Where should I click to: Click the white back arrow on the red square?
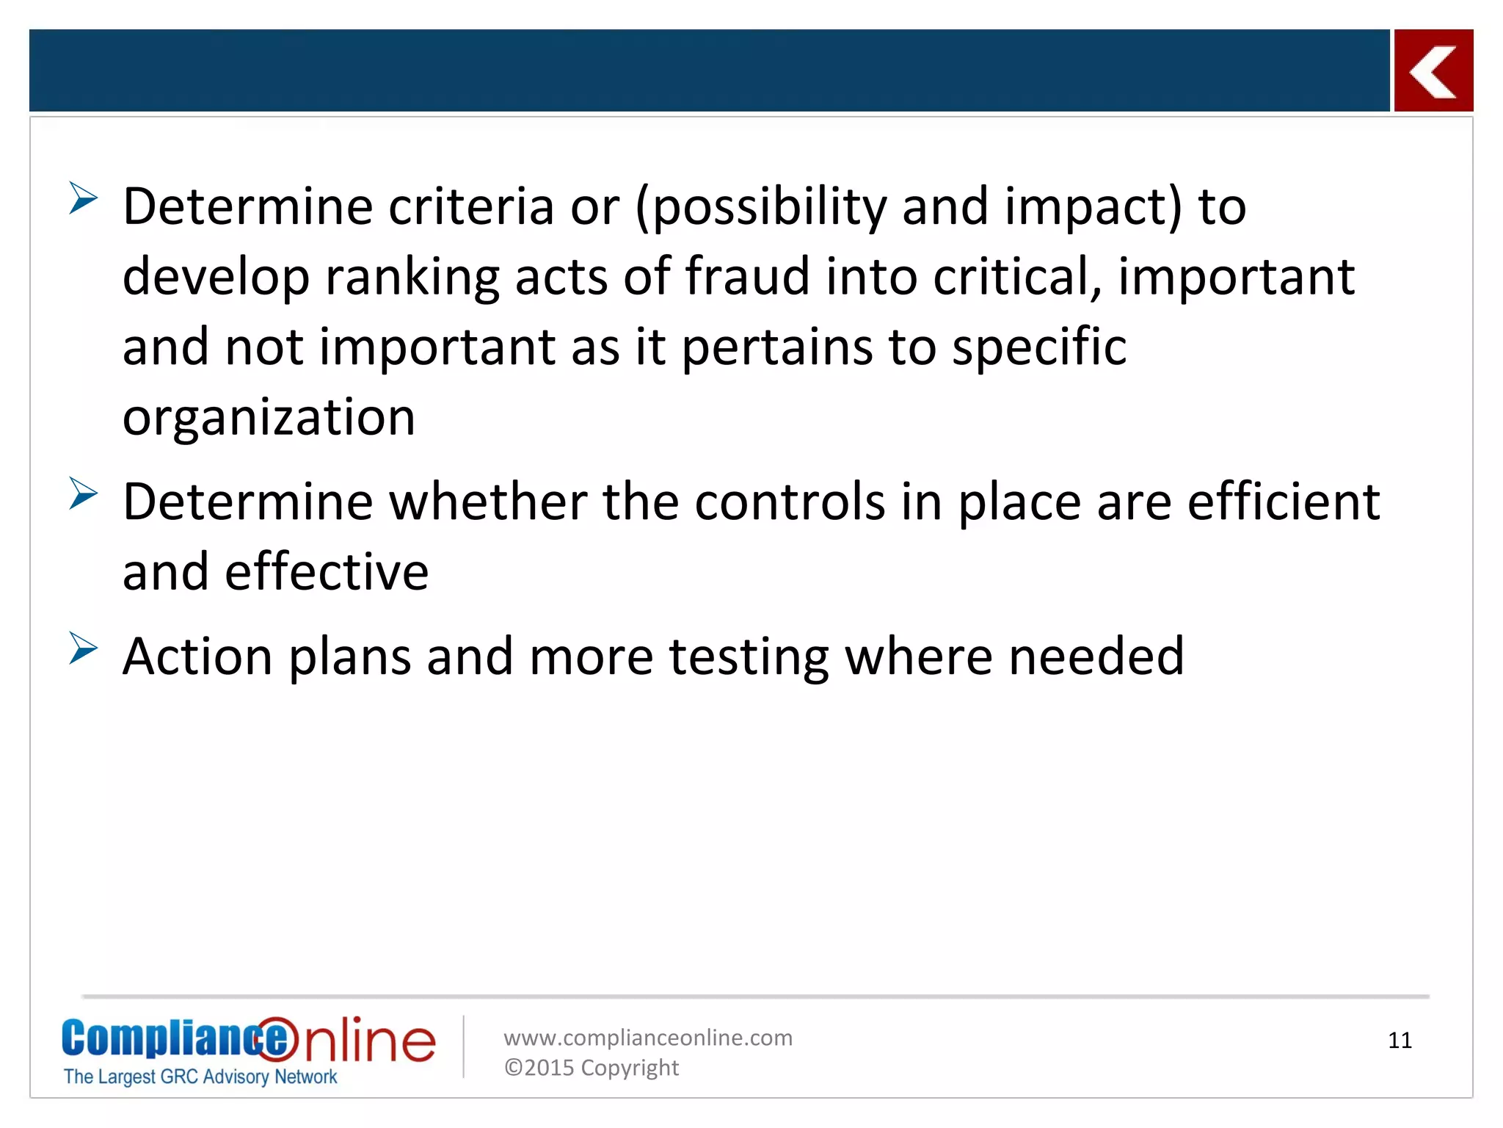point(1433,71)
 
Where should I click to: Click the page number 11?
point(1400,1041)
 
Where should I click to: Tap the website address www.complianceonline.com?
point(648,1038)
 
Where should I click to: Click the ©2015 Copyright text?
point(592,1068)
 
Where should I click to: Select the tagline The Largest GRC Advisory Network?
point(200,1077)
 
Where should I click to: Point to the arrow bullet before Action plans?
point(84,648)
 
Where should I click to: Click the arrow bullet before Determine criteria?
point(84,198)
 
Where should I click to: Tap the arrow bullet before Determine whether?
point(84,493)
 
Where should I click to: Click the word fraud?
point(746,277)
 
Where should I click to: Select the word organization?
point(269,418)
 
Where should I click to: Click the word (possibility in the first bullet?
point(761,208)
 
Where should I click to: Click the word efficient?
point(1284,502)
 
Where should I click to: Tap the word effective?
point(327,572)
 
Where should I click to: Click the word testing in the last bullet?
point(749,657)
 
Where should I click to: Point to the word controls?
point(790,502)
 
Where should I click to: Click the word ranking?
point(412,278)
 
